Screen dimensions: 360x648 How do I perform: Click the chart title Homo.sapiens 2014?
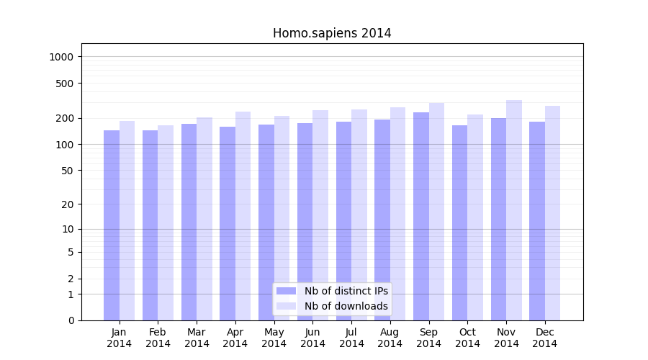pyautogui.click(x=332, y=33)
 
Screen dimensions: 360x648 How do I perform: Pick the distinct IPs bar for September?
pyautogui.click(x=421, y=216)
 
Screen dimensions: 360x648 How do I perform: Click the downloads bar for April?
pyautogui.click(x=243, y=216)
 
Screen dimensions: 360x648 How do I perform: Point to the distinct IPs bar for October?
pyautogui.click(x=460, y=222)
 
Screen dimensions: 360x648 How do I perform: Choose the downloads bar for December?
pyautogui.click(x=552, y=213)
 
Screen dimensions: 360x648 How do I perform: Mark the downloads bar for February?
pyautogui.click(x=166, y=222)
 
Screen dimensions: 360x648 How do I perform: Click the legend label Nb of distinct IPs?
pyautogui.click(x=346, y=291)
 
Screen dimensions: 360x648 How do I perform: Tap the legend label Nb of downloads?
pyautogui.click(x=346, y=306)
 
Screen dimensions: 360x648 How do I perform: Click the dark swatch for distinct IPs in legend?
pyautogui.click(x=287, y=291)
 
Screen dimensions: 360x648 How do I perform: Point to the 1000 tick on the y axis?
pyautogui.click(x=63, y=57)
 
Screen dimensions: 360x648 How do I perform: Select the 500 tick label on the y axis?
pyautogui.click(x=66, y=84)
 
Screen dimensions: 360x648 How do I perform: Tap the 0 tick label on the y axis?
pyautogui.click(x=71, y=320)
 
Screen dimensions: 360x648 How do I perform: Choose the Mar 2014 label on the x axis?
pyautogui.click(x=197, y=338)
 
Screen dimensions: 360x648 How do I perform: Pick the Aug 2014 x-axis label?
pyautogui.click(x=390, y=338)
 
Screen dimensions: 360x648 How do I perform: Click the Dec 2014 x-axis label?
pyautogui.click(x=544, y=338)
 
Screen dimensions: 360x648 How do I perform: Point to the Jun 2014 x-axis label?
pyautogui.click(x=312, y=338)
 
